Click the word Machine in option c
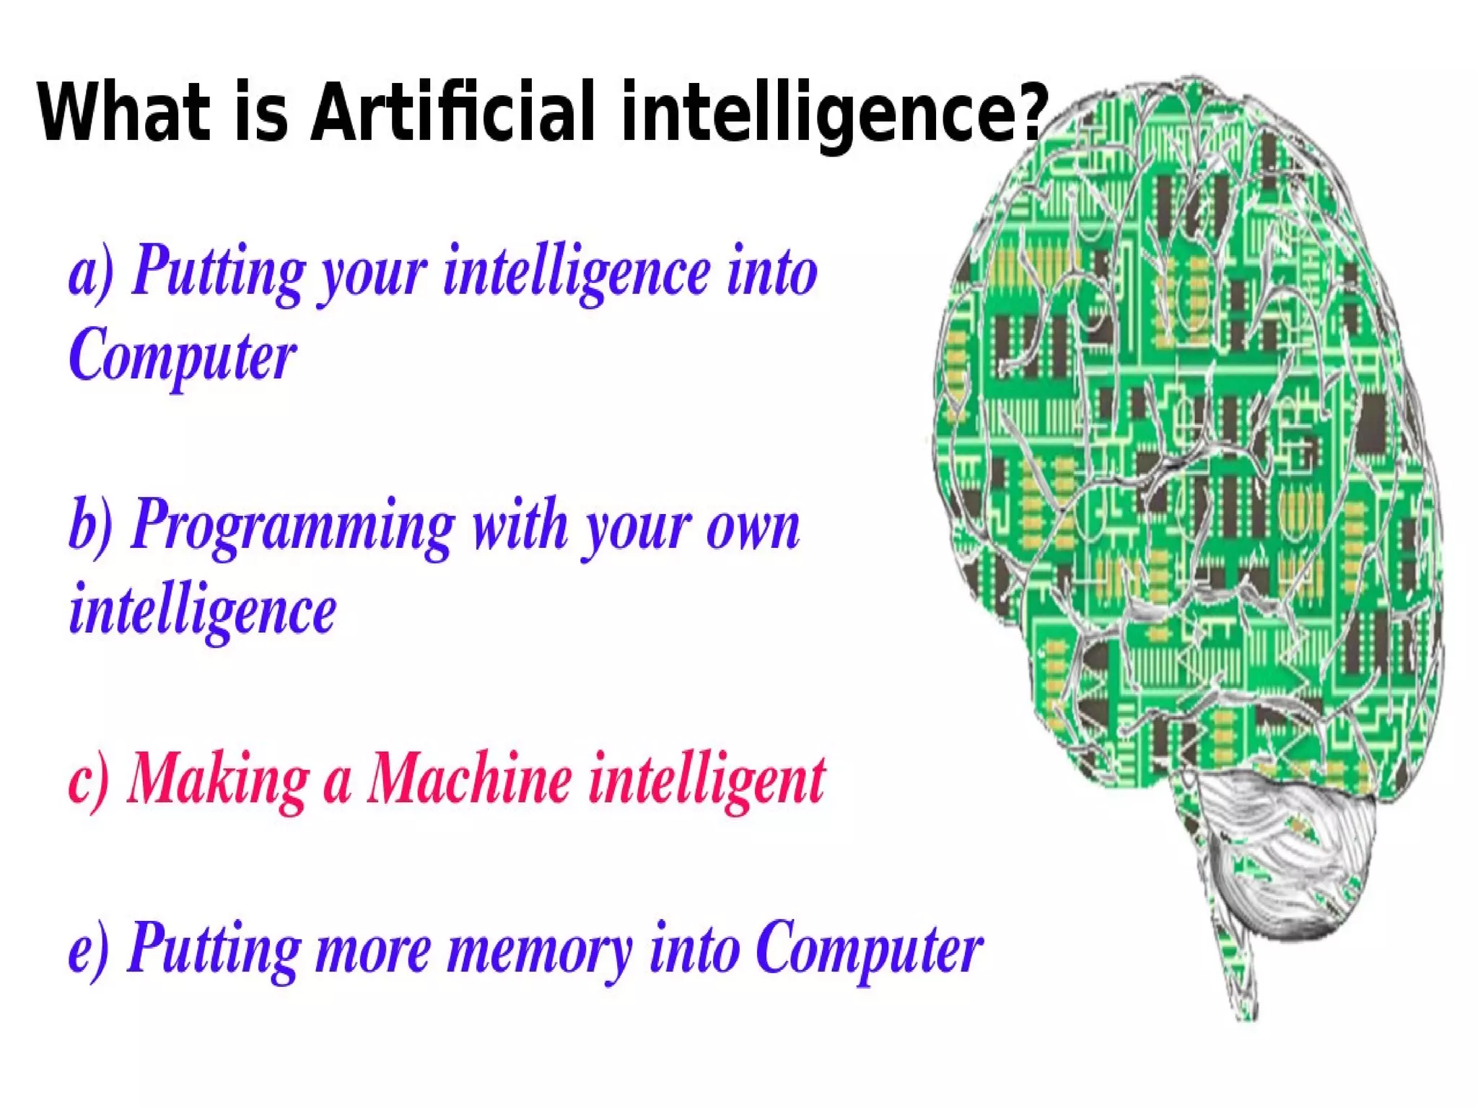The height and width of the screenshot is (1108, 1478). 469,780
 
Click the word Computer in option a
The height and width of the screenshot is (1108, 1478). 182,355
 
